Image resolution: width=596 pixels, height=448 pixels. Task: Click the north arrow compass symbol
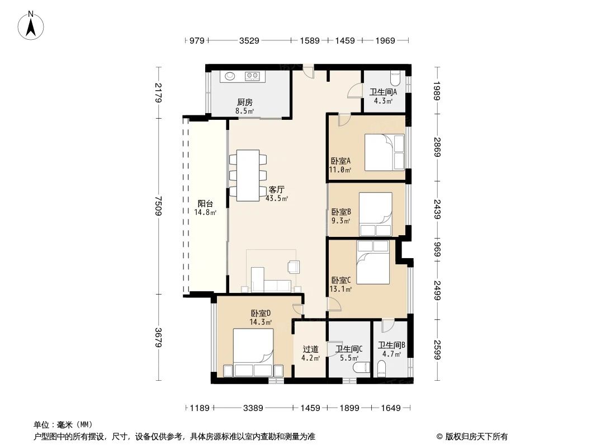tap(32, 25)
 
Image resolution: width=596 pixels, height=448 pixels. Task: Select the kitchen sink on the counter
tap(230, 76)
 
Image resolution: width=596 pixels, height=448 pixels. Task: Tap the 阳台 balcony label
tap(205, 208)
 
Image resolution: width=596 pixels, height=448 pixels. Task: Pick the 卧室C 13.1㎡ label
tap(340, 284)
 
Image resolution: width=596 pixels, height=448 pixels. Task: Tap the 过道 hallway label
tap(310, 352)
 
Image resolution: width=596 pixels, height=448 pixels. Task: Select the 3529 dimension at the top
tap(249, 40)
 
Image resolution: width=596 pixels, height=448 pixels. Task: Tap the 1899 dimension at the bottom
tap(350, 408)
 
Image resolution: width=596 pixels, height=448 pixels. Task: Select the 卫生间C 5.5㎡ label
tap(349, 353)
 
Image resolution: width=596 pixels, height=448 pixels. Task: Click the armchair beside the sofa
tap(294, 267)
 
